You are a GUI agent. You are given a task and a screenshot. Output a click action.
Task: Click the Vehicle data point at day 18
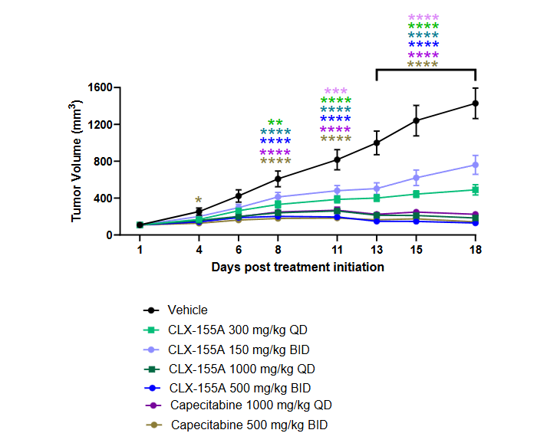point(476,103)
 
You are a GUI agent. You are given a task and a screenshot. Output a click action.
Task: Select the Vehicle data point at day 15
point(417,120)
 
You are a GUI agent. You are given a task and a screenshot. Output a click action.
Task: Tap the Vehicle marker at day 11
point(337,159)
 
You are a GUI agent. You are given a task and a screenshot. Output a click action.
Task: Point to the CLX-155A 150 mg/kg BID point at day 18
point(476,165)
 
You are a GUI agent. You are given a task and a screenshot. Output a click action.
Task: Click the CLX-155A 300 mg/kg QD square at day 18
point(476,189)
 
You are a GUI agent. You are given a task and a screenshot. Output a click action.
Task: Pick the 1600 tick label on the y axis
point(101,87)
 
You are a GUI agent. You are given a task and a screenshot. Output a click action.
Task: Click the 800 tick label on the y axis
point(104,161)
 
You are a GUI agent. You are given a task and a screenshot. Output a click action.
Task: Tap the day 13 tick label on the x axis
point(377,250)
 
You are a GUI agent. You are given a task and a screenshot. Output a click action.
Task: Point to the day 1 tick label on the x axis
point(140,250)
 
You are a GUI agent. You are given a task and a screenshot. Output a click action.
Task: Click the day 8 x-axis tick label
point(278,250)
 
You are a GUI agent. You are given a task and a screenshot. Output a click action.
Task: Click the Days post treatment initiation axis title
point(298,267)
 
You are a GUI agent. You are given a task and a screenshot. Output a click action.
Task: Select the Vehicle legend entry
point(187,310)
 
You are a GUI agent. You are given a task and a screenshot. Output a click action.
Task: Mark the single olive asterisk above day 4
point(199,201)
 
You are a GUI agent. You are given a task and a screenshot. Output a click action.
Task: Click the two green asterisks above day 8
point(275,123)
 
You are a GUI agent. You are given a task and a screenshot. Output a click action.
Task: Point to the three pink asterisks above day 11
point(336,91)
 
